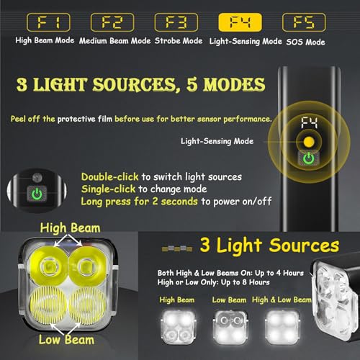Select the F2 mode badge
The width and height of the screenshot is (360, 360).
pos(114,22)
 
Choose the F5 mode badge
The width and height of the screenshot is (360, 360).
pos(305,22)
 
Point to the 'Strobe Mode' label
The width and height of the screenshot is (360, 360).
pos(179,41)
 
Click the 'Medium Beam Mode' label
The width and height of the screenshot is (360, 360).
pos(114,41)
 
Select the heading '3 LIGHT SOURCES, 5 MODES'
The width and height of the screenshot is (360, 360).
pos(140,85)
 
